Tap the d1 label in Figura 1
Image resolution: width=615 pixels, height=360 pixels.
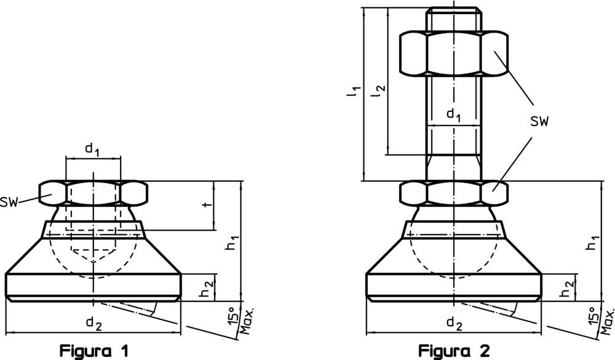(92, 150)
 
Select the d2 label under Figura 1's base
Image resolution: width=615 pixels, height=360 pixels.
(94, 324)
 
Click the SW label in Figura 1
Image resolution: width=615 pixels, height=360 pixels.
(9, 202)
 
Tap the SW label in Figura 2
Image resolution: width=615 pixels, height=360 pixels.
(539, 122)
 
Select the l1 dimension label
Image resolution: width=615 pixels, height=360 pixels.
(354, 91)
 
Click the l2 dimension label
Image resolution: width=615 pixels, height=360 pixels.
(379, 91)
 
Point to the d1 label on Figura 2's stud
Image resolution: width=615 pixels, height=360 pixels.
(454, 115)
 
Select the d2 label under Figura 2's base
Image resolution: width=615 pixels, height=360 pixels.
(454, 324)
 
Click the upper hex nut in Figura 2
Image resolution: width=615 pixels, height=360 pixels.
(454, 54)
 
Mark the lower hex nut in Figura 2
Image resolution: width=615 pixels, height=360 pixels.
(454, 193)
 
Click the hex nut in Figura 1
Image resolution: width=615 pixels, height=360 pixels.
(93, 193)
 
